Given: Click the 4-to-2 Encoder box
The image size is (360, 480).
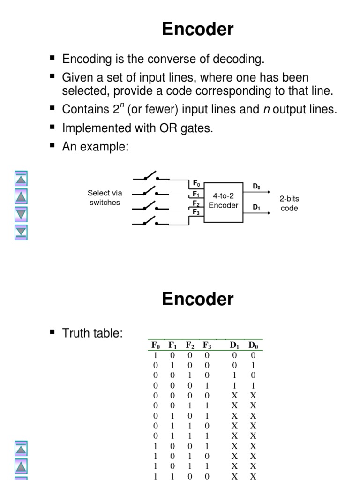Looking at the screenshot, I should point(223,202).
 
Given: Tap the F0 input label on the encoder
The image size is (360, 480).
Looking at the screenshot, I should point(196,183).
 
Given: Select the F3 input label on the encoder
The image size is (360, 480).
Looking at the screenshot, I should point(196,212).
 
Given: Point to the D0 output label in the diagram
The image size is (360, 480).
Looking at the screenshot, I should point(256,187).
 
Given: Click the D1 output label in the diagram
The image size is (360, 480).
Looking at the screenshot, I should point(256,207).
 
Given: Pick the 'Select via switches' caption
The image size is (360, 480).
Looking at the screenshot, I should point(105,198).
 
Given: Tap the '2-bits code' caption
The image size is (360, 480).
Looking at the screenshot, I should point(289,203).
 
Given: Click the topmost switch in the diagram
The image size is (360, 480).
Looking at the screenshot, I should point(150,177).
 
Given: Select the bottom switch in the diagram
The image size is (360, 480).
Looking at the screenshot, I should point(150,221).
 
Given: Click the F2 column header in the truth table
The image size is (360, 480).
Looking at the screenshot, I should point(190,345).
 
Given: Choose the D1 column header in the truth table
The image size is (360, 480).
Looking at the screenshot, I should point(234,345).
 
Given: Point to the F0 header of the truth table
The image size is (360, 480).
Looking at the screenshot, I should point(156,345).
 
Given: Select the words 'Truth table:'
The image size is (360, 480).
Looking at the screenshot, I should point(92,333).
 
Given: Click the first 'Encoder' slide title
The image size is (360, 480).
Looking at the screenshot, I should point(197,30).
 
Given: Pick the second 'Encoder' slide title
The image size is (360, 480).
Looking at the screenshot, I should point(197,299).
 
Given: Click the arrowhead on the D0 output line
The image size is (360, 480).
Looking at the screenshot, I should point(269,191).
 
